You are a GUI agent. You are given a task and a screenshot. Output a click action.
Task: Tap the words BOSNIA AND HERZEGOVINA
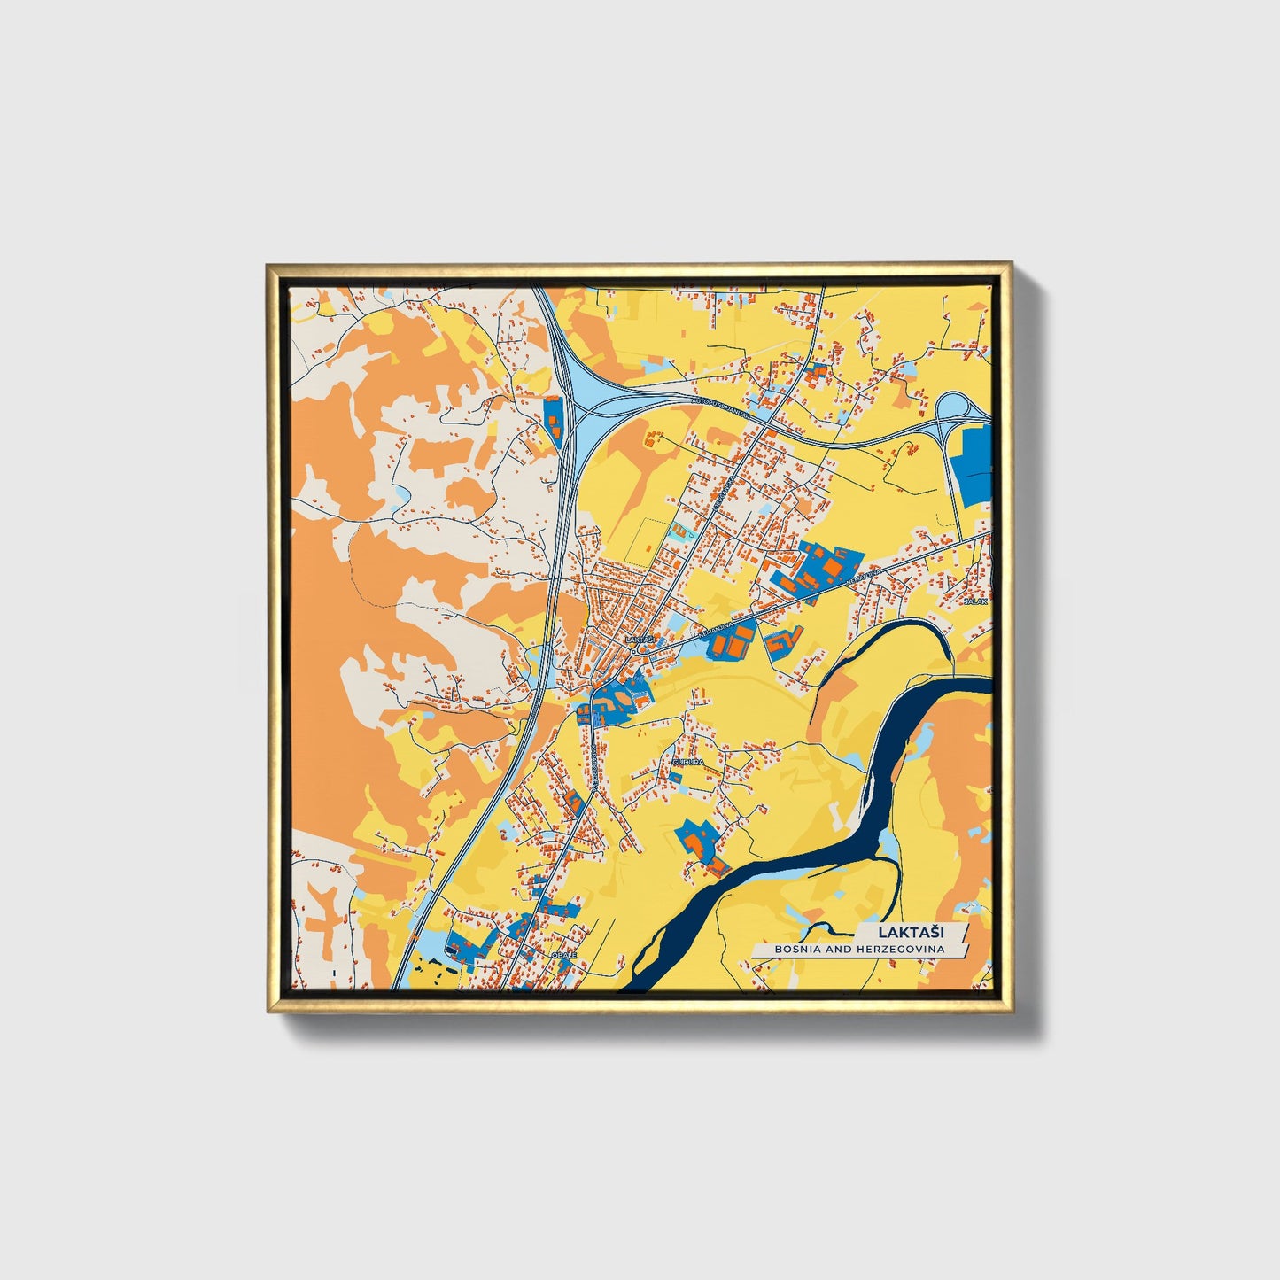[859, 950]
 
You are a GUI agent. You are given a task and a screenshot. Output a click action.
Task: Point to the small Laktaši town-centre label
[639, 639]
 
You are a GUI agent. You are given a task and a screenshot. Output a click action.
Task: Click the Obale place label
[563, 955]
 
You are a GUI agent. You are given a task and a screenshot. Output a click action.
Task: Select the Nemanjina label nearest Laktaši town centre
[717, 630]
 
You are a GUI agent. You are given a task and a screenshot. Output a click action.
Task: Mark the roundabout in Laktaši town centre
[639, 649]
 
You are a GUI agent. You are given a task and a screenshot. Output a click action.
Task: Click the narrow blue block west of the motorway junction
[553, 421]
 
